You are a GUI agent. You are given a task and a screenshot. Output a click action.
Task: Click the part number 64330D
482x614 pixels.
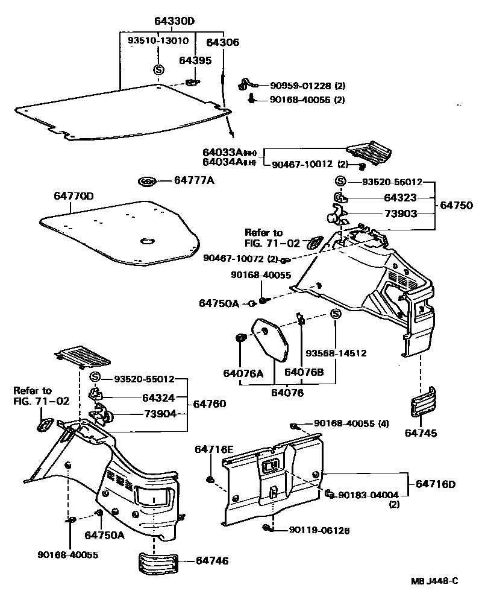175,22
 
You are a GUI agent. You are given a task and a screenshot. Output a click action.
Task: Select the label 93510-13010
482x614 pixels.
158,41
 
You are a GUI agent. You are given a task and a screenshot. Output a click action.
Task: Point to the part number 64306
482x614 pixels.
222,42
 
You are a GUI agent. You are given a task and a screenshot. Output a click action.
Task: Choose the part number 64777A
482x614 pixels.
194,180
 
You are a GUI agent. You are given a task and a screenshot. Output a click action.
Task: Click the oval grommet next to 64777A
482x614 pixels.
147,181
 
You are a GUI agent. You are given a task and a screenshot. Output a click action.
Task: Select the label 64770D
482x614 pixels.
74,195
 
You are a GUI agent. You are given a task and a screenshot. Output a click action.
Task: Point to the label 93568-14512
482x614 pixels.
336,353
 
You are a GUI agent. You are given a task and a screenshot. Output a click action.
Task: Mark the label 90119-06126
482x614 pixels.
319,530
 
